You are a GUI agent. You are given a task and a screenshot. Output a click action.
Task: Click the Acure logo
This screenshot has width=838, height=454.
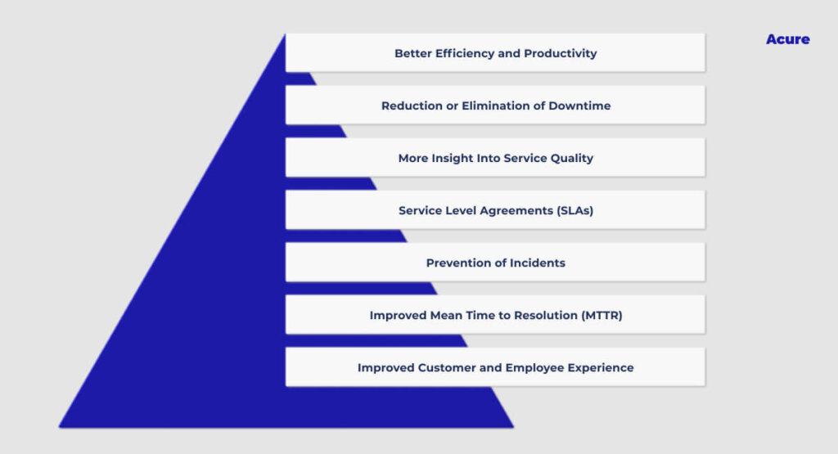[x=788, y=39]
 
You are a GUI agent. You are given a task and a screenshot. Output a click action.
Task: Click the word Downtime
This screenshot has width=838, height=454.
[x=579, y=106]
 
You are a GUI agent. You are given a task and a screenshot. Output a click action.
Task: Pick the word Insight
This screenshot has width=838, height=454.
[x=448, y=158]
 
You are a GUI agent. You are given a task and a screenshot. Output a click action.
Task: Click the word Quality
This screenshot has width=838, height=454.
[x=571, y=158]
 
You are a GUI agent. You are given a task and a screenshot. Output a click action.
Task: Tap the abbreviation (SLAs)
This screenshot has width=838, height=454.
[x=575, y=210]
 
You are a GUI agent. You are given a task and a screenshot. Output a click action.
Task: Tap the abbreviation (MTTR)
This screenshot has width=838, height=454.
[x=601, y=315]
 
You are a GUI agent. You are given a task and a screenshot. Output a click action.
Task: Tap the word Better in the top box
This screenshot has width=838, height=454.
[x=413, y=53]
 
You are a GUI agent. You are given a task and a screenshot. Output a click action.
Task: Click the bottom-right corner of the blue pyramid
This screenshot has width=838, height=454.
[x=514, y=427]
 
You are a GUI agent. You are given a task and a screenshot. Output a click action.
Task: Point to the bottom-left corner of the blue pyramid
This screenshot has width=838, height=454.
[x=59, y=427]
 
